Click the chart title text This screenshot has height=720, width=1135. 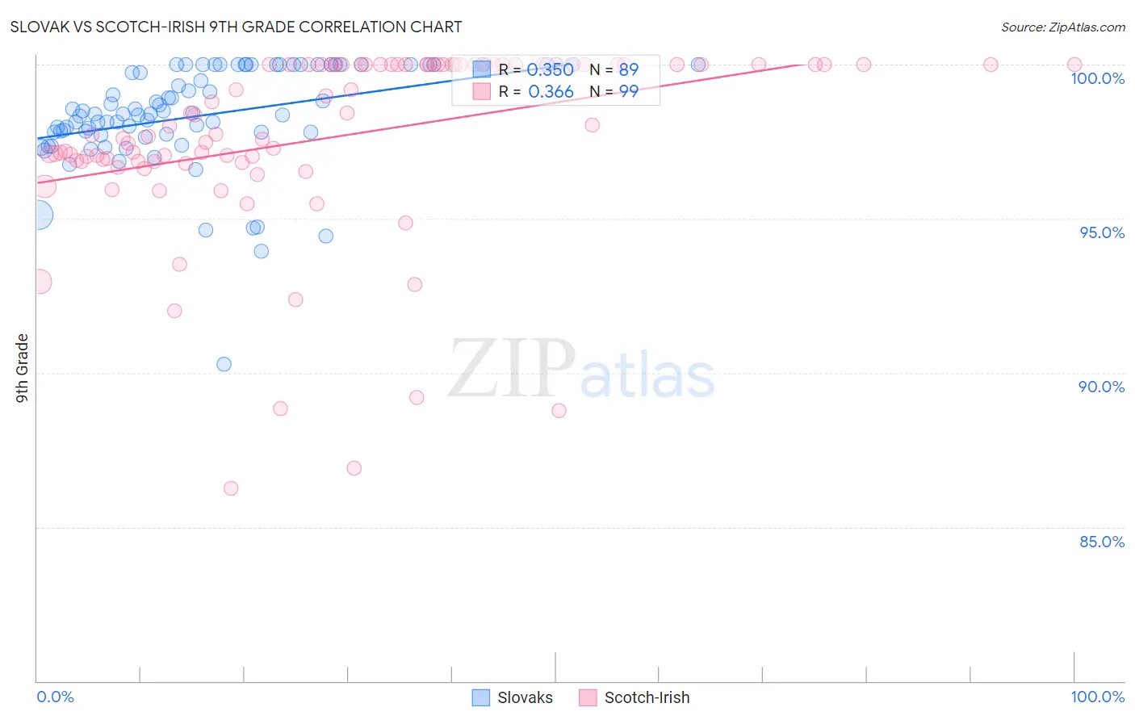pos(236,27)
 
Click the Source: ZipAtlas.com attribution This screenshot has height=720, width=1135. pos(1062,27)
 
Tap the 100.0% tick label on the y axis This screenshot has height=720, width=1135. pos(1097,78)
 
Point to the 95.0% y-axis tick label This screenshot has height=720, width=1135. pos(1102,232)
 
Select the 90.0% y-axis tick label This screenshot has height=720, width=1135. pos(1101,387)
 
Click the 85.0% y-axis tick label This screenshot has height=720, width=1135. pos(1102,542)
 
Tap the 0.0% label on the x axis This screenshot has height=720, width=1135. pos(55,697)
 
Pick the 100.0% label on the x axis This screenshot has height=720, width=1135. pos(1097,697)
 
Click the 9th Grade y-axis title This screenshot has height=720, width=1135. pos(23,368)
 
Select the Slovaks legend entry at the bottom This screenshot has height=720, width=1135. pos(513,697)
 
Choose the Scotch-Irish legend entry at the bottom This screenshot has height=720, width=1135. pos(635,697)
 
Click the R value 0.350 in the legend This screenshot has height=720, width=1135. pos(550,69)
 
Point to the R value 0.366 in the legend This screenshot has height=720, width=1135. pos(551,92)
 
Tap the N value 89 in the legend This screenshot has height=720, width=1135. pos(628,69)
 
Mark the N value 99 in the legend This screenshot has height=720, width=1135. pos(628,92)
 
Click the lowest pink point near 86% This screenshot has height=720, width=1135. pos(231,488)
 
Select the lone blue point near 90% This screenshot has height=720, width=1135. pos(224,364)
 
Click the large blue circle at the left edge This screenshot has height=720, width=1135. pos(38,216)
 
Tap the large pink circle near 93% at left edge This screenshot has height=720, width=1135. pos(39,282)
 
